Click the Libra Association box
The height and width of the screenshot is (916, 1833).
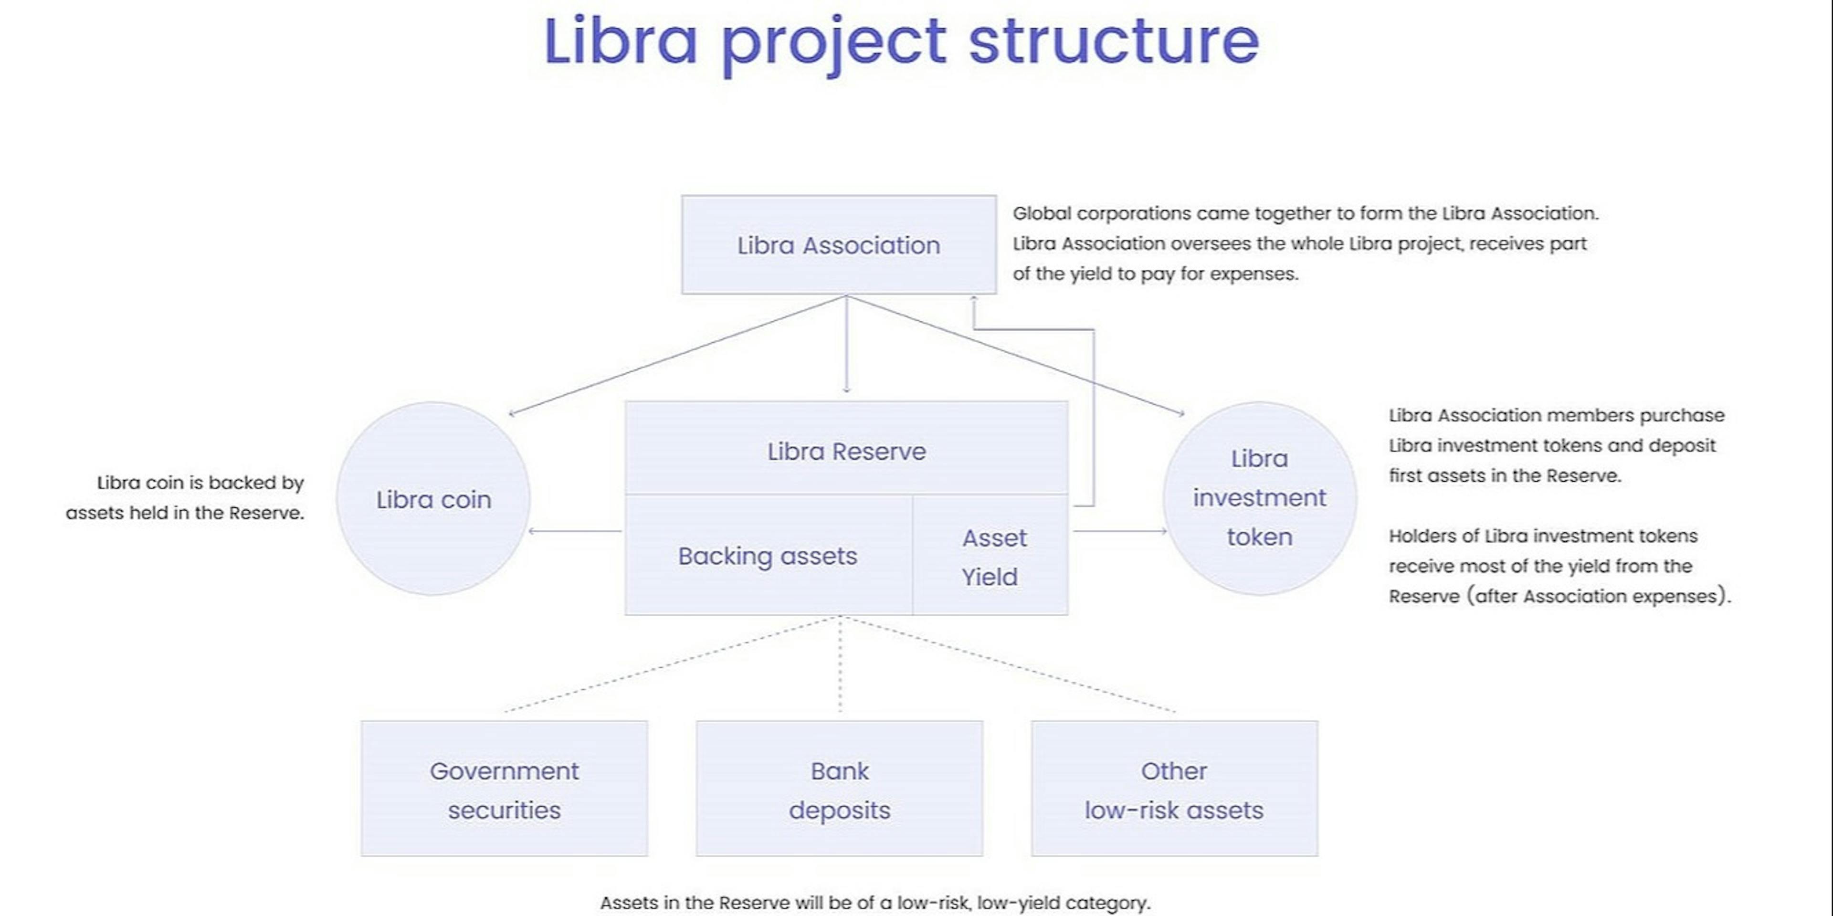point(838,245)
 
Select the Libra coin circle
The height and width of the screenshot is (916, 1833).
point(433,499)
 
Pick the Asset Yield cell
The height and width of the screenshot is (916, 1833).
point(990,557)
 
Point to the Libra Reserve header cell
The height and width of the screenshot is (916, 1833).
point(846,451)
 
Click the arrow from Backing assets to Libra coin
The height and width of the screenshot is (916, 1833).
point(575,531)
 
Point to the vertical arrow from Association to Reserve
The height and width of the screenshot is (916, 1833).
point(846,345)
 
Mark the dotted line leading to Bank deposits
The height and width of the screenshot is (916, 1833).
point(840,665)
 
